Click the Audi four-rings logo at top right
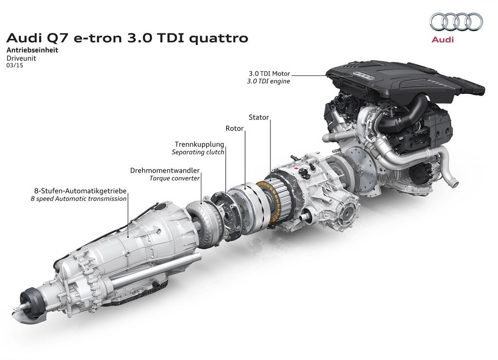tap(456, 22)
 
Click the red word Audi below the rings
tap(443, 39)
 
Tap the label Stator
tap(259, 117)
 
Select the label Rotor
tap(234, 128)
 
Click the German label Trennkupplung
tap(199, 144)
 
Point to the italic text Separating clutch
tap(198, 152)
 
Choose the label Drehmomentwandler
tap(165, 170)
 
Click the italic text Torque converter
tap(175, 178)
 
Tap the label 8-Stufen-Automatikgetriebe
tap(80, 191)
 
